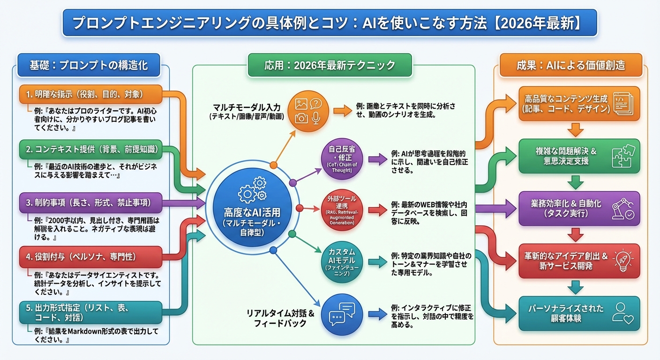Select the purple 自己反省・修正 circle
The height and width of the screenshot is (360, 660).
pyautogui.click(x=342, y=161)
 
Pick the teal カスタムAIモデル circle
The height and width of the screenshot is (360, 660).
pyautogui.click(x=342, y=263)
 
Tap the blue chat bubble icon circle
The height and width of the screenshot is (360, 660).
pyautogui.click(x=342, y=314)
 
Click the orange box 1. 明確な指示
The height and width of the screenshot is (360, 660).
pyautogui.click(x=91, y=94)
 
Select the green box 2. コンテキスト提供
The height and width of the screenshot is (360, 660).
pyautogui.click(x=91, y=150)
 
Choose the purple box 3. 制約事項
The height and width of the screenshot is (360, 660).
pyautogui.click(x=91, y=203)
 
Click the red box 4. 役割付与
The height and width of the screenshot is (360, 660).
pyautogui.click(x=91, y=257)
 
